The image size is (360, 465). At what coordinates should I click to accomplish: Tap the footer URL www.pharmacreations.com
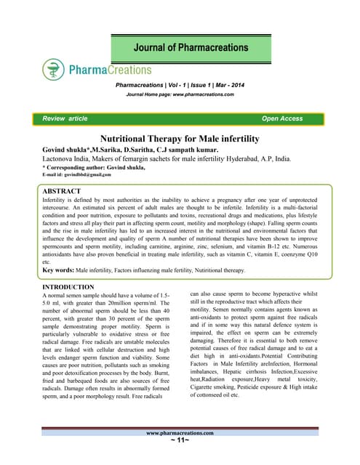pos(179,451)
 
